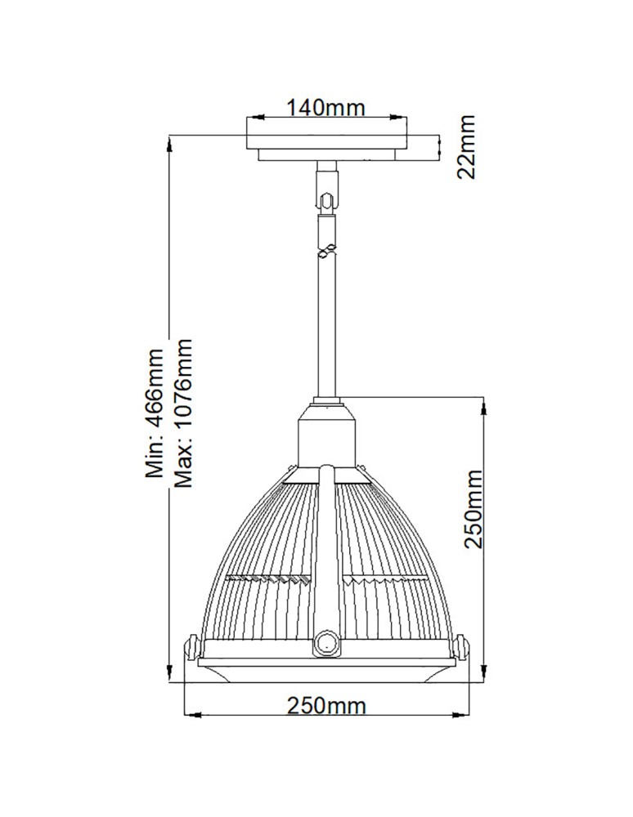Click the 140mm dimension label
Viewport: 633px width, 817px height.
click(325, 108)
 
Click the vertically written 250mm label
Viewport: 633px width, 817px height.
click(473, 509)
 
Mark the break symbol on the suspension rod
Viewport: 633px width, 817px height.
click(327, 251)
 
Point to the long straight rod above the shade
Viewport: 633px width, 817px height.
click(327, 327)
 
